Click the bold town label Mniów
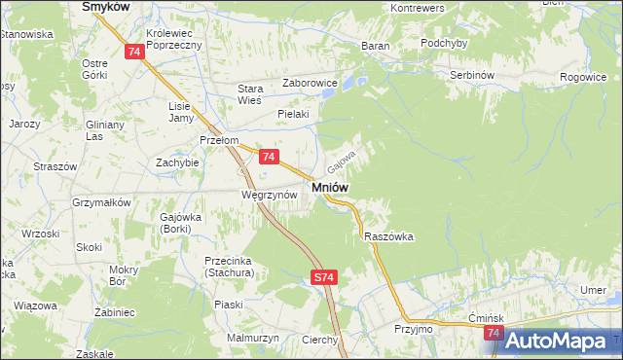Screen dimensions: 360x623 331,186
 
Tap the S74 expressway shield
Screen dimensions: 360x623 324,278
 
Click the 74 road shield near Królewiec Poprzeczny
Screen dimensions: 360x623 135,53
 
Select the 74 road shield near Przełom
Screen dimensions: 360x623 270,157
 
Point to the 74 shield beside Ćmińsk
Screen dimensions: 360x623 494,334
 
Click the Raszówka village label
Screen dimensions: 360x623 389,236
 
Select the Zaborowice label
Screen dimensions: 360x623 310,84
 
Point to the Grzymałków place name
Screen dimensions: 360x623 101,202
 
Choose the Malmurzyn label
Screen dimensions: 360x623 253,337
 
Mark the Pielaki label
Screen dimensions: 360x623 293,114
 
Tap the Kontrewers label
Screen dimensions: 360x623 417,8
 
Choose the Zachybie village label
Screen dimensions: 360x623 177,162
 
